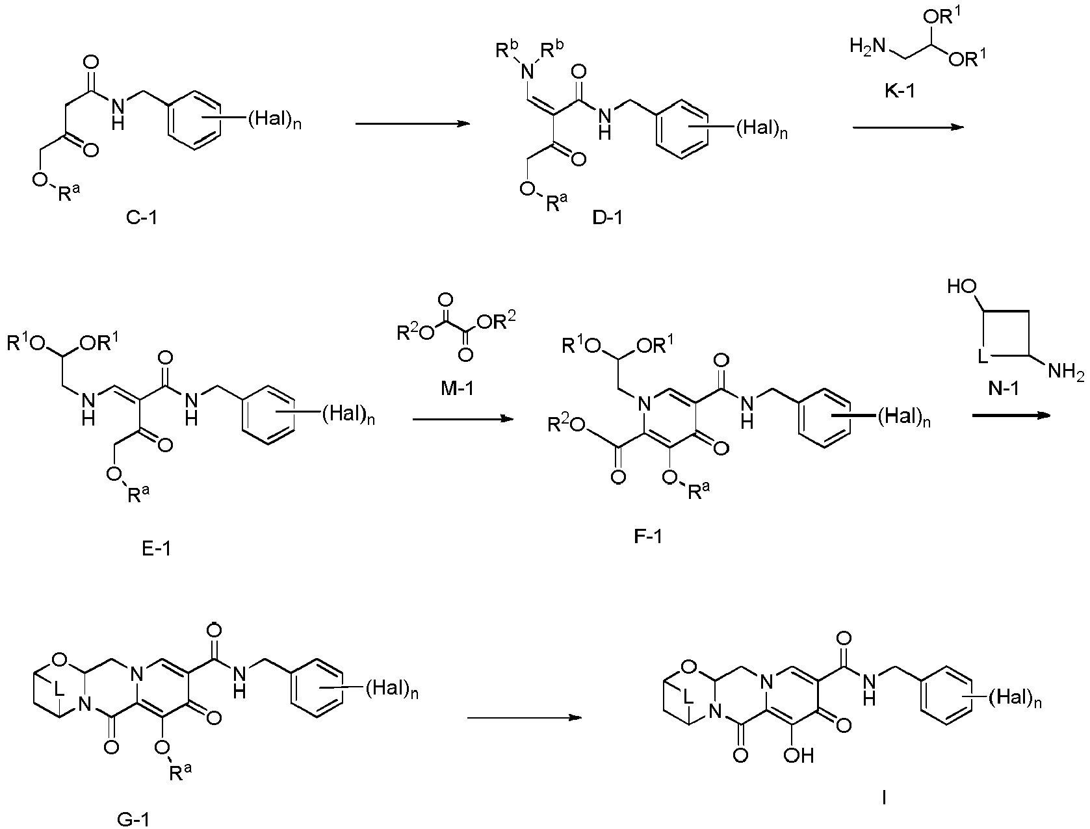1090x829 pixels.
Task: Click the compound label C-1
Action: [142, 218]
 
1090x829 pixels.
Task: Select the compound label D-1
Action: [607, 218]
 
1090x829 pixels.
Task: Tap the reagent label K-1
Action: [900, 91]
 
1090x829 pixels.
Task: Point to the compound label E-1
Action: [157, 548]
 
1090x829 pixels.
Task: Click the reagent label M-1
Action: [457, 389]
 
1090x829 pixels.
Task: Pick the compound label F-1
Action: [648, 536]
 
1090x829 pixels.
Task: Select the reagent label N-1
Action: [1003, 389]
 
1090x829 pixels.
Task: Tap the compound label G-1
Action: [134, 819]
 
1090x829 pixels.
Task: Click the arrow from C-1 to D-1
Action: [413, 123]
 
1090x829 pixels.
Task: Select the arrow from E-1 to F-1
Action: [463, 420]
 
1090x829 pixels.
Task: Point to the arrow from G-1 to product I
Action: [525, 717]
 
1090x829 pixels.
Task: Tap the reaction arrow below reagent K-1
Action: [908, 127]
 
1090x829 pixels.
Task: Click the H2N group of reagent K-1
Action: [868, 47]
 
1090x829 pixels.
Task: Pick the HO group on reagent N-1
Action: [962, 287]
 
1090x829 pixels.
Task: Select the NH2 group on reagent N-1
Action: [1066, 371]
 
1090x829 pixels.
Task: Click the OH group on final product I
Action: [799, 756]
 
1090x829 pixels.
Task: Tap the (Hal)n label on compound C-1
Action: [274, 120]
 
